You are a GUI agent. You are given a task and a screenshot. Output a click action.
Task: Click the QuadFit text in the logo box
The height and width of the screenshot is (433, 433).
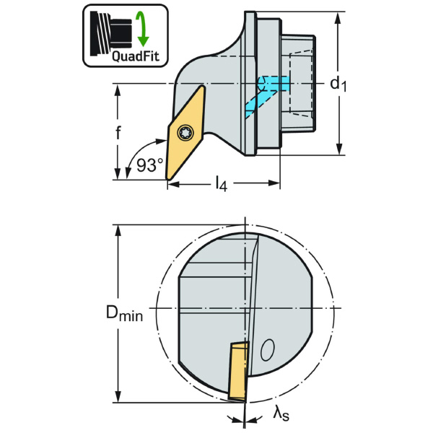tap(136, 56)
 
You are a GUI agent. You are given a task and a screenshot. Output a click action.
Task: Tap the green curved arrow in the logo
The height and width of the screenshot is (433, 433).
tap(142, 28)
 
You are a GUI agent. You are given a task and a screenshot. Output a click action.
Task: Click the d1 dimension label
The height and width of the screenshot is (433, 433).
tap(338, 84)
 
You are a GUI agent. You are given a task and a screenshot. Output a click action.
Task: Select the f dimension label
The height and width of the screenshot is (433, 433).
tap(118, 133)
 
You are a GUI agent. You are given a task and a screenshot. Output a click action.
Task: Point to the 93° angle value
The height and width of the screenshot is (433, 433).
tap(149, 165)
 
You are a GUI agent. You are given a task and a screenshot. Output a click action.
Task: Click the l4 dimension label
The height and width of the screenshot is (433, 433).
tap(222, 184)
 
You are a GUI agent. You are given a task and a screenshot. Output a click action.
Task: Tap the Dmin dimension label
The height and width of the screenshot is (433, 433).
tap(125, 314)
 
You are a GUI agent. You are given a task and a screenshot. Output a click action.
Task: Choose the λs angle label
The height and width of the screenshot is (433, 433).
tap(281, 414)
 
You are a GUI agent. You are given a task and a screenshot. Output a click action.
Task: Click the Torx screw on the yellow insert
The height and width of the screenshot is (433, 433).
tap(185, 134)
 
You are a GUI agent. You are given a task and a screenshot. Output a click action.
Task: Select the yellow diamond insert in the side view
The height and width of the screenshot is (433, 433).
tap(185, 133)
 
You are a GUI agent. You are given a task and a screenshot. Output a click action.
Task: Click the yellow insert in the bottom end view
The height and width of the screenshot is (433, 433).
tap(238, 371)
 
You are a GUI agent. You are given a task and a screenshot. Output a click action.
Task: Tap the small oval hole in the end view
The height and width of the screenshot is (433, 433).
tap(267, 350)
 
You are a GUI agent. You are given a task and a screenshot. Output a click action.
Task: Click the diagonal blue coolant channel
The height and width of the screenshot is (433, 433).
tap(261, 104)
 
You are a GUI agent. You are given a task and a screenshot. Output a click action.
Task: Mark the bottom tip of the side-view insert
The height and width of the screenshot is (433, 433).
tap(167, 180)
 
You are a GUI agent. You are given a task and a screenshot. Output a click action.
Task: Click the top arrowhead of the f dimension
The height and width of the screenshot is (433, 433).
tap(118, 90)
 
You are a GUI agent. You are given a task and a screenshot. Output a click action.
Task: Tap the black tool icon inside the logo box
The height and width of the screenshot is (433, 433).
tap(110, 33)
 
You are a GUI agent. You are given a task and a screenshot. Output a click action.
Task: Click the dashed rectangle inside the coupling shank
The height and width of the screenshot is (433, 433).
tap(300, 83)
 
